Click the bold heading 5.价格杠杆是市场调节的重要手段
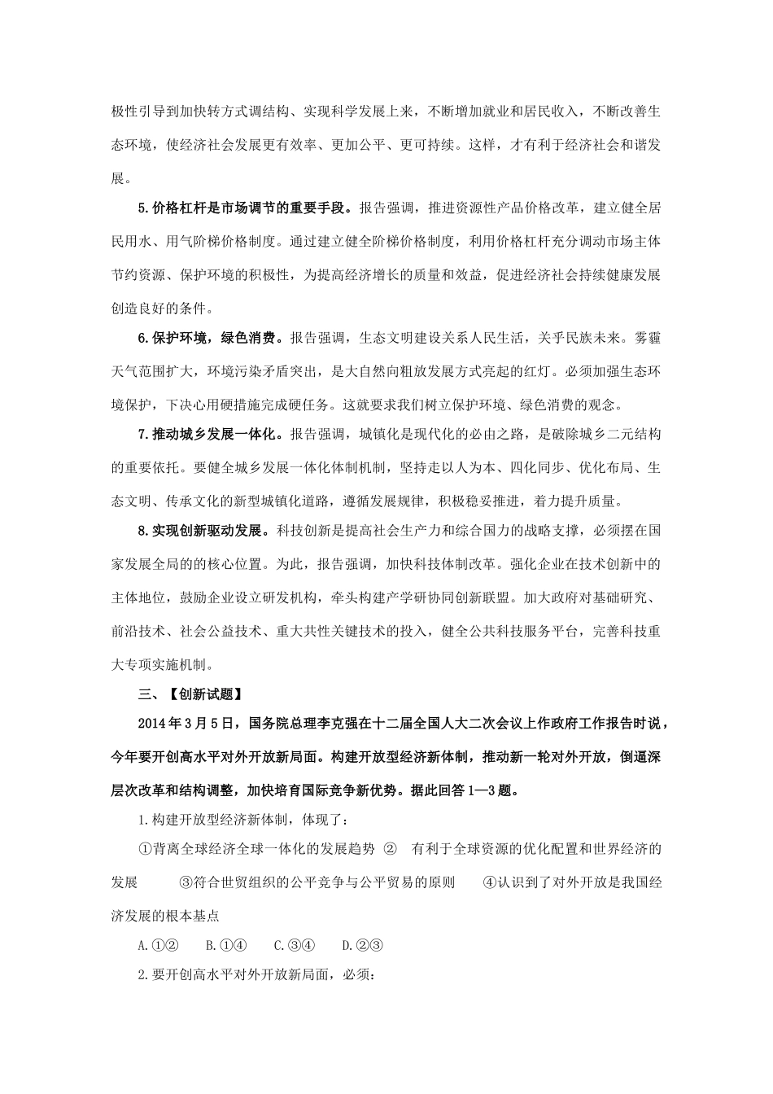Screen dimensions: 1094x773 pyautogui.click(x=247, y=208)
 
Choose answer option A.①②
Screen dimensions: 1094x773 pyautogui.click(x=159, y=945)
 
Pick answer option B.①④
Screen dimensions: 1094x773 pyautogui.click(x=226, y=945)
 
